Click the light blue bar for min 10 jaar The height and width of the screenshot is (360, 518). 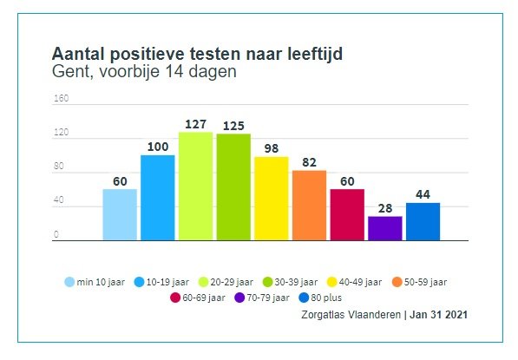[x=120, y=214]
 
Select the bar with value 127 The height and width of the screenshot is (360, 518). [x=195, y=186]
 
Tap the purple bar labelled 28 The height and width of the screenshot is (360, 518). [x=384, y=228]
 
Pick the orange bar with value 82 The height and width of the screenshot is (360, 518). [x=309, y=205]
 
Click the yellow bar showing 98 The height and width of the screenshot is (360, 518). [x=271, y=198]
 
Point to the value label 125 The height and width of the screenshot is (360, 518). [x=233, y=126]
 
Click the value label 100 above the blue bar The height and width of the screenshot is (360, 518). [x=157, y=147]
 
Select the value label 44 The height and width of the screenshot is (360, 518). [x=423, y=194]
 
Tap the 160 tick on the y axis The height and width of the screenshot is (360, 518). [x=61, y=98]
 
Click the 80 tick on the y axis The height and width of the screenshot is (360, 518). [x=58, y=167]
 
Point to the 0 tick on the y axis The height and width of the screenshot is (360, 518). [x=56, y=234]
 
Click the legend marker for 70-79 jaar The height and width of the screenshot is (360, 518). [x=240, y=298]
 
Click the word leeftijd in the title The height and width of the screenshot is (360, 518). [x=309, y=54]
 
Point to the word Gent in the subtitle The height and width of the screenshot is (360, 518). [x=70, y=72]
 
